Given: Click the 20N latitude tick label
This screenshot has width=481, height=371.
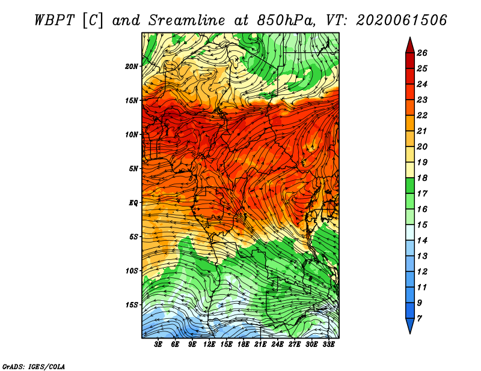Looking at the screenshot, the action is [131, 67].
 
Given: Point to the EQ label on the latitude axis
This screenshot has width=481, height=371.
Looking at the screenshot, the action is [133, 203].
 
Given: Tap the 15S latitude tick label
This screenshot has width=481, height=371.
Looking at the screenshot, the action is [131, 305].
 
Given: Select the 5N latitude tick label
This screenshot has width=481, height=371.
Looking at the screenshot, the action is [133, 169].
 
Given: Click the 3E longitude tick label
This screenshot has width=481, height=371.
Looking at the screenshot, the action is [158, 345].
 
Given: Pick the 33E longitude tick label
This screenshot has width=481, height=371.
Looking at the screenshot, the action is [328, 345].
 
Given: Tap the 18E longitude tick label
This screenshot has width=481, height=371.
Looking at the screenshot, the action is [244, 345].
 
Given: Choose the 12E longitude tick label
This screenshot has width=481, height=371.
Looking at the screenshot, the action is [209, 345].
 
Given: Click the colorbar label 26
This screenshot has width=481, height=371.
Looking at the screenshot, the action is [422, 53].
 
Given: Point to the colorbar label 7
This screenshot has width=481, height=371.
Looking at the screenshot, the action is [420, 319].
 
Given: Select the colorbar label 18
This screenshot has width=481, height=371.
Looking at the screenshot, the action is [422, 178].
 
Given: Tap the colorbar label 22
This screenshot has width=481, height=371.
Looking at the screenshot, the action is [422, 115].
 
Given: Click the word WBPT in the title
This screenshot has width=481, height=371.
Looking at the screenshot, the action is [54, 20].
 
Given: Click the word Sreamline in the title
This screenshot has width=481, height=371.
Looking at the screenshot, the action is [187, 20].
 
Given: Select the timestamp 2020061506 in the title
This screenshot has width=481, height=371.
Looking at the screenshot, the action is [402, 20].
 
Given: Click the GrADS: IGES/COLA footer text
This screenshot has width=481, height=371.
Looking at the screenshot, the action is [34, 367].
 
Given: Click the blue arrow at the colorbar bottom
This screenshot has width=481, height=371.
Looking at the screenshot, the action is [410, 325].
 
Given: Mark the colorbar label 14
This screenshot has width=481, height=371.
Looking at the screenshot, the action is [422, 241].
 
